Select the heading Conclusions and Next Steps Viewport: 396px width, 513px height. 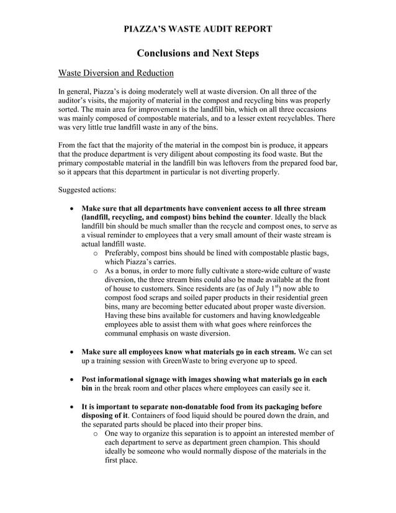click(197, 53)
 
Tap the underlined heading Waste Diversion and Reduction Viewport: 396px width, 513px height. click(115, 73)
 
